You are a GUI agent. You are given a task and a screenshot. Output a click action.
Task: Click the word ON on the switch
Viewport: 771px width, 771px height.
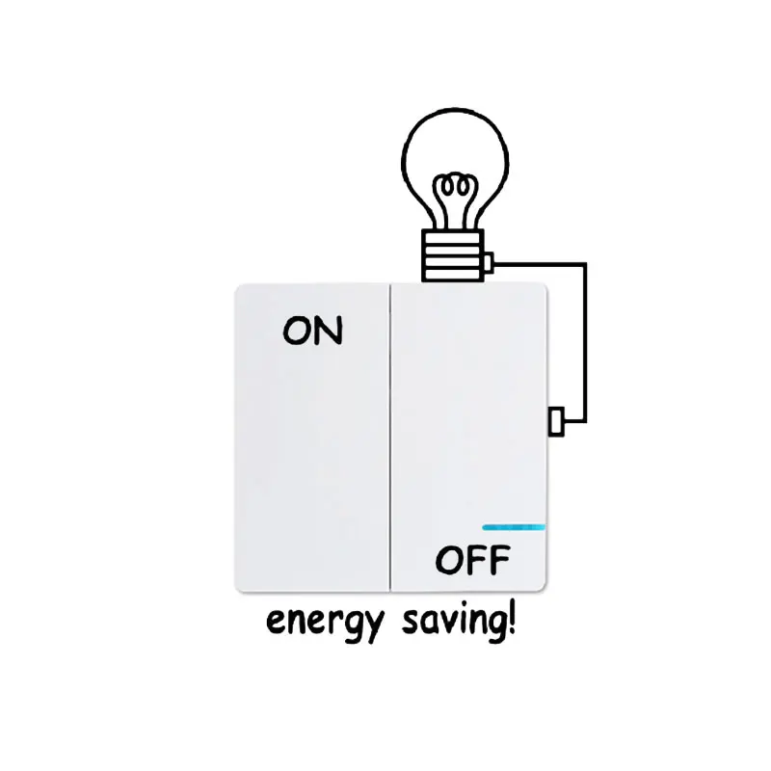coord(312,331)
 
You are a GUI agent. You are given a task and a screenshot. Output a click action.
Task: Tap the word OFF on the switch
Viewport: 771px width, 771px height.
coord(472,560)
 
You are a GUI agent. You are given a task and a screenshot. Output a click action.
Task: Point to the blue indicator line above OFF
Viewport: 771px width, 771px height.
coord(514,527)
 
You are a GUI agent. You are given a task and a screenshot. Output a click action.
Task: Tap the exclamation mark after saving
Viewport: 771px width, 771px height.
coord(510,617)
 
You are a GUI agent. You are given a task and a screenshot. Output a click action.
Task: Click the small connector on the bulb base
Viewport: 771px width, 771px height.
coord(490,261)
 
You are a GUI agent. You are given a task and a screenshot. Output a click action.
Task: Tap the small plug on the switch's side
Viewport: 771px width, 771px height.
coord(555,421)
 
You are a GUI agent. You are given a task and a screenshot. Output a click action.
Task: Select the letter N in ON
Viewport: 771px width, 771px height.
coord(328,331)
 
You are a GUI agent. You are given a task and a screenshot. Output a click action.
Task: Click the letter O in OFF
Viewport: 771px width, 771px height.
coord(448,560)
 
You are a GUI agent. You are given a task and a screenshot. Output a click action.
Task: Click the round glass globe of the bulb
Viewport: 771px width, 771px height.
coord(451,154)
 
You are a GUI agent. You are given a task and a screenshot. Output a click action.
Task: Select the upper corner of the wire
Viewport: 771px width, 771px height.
coord(585,262)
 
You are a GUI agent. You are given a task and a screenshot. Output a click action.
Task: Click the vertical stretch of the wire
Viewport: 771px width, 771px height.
coord(585,342)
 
